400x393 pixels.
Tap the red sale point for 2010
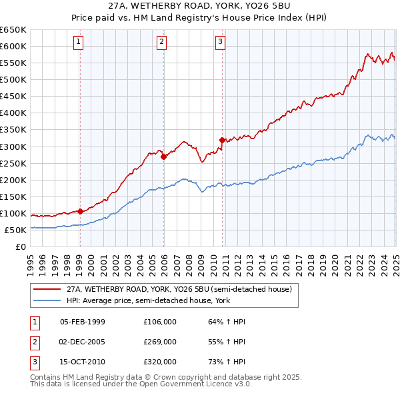coord(222,140)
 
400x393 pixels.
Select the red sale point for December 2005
coord(163,157)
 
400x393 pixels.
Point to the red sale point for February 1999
coord(80,211)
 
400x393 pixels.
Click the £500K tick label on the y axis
coord(13,80)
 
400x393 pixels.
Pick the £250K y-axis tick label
coord(13,163)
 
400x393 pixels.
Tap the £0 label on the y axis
coord(20,247)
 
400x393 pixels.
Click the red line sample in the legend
coord(47,290)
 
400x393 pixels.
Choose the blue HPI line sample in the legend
coord(47,300)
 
